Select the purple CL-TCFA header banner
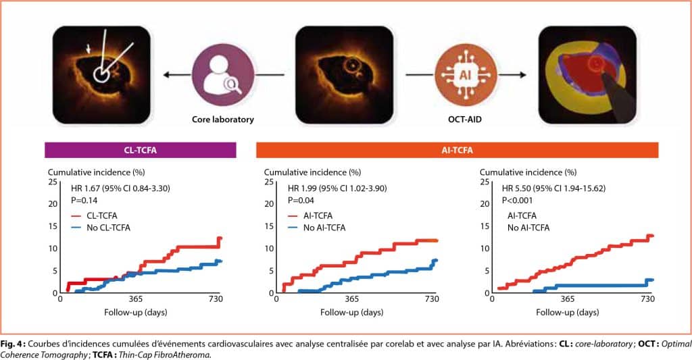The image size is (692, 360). pos(140,149)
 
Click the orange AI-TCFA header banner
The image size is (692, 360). pos(457,149)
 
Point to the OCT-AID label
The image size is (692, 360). pos(466,119)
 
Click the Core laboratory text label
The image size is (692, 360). pos(222,119)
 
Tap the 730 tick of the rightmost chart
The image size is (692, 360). pos(647,299)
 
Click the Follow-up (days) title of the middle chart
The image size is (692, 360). pos(351,313)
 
